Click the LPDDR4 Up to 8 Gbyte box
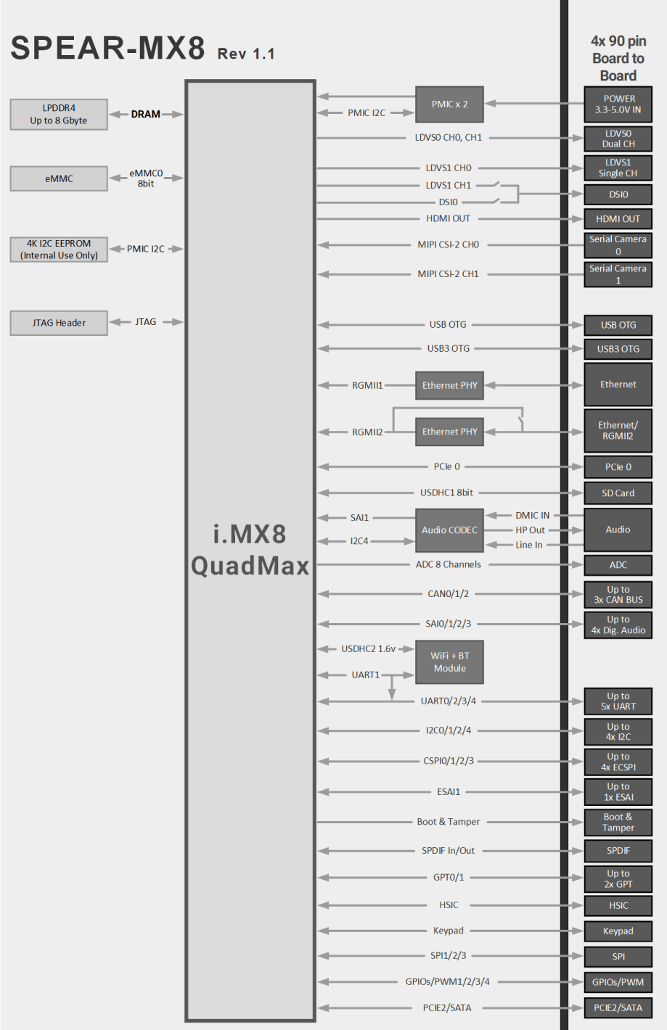59,114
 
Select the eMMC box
59,178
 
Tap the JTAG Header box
59,323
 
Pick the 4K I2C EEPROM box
59,250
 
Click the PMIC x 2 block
449,104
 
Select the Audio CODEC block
449,530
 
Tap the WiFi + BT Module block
449,662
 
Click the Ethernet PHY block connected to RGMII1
449,385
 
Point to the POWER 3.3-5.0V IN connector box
618,104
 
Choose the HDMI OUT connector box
618,219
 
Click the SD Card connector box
618,493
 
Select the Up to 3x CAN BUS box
618,595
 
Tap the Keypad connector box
618,931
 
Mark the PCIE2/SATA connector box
618,1008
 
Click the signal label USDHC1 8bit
446,493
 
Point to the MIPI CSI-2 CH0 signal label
448,244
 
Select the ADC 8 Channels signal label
448,564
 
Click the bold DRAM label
145,114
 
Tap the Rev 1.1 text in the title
246,54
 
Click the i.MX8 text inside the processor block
250,534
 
